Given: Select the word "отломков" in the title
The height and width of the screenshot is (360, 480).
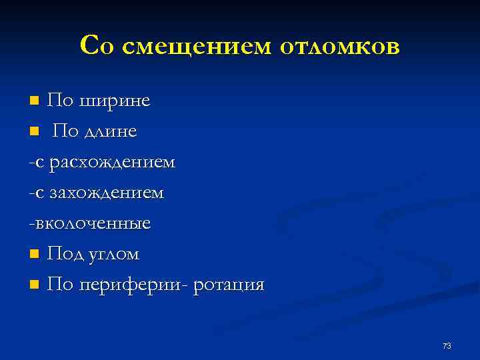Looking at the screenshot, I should point(340,47).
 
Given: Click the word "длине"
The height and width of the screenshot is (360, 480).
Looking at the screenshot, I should point(110,132).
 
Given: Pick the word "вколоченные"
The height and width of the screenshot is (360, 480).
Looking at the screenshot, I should point(93,223).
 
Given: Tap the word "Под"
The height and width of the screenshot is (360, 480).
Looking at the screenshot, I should point(66,254).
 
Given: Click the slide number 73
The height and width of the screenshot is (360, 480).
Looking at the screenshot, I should point(447,345).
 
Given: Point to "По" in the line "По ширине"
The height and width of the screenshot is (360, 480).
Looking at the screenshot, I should point(61,101).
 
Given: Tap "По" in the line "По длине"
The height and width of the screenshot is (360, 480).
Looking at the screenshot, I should point(65,132).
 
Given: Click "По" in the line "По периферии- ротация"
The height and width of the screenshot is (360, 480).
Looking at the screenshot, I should point(61,285).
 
